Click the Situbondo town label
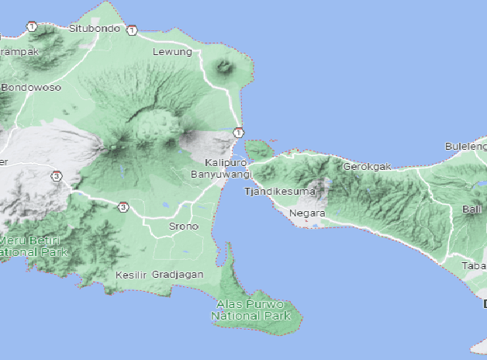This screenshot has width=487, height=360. point(95,28)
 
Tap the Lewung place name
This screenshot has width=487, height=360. point(172,52)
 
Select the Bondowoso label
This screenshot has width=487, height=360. point(31,87)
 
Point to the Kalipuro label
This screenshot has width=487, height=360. point(226,163)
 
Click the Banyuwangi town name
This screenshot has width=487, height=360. point(219,175)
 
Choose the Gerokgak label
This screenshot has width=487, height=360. point(367,166)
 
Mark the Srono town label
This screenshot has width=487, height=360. point(184,227)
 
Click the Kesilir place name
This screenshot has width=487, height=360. point(130,275)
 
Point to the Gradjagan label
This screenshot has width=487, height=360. point(178,275)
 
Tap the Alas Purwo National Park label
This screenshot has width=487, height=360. point(251,310)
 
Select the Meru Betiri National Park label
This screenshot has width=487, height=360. point(33,247)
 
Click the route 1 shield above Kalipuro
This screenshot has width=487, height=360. point(238,132)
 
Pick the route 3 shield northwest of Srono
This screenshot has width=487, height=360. point(123,206)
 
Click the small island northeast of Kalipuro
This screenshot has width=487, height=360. point(261,148)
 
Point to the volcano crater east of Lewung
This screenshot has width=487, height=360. point(226,67)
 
